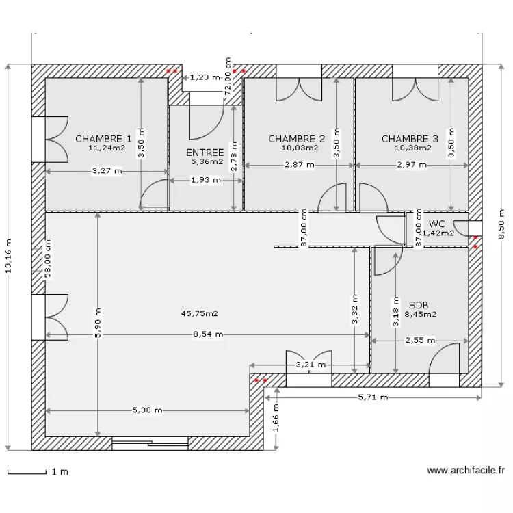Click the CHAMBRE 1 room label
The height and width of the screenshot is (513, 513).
coord(103,139)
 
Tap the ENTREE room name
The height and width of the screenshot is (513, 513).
coord(205,153)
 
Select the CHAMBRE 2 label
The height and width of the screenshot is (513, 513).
coord(296,139)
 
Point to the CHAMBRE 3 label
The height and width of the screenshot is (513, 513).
coord(410,139)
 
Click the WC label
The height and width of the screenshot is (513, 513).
coord(437,224)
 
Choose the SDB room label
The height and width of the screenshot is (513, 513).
coord(419,305)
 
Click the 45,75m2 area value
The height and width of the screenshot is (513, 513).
coord(199,314)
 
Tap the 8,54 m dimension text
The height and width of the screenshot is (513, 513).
coord(208,334)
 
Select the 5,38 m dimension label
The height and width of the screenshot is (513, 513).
coord(147,410)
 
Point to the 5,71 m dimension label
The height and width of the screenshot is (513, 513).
coord(373,397)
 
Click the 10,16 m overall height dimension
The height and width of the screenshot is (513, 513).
coord(8,256)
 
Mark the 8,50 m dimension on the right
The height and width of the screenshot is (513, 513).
coord(502,224)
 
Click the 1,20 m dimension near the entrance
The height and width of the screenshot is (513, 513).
coord(205,77)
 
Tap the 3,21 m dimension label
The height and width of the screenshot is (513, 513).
coord(311,365)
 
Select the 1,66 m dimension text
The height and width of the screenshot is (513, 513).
coord(276,418)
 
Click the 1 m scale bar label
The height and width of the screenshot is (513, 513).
coord(60,472)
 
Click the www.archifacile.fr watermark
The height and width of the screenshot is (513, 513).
coord(466,471)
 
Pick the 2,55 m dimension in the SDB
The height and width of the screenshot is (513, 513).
coord(420,341)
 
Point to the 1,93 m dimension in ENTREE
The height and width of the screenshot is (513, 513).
coord(205,180)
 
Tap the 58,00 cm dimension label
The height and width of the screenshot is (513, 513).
coord(48,259)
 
